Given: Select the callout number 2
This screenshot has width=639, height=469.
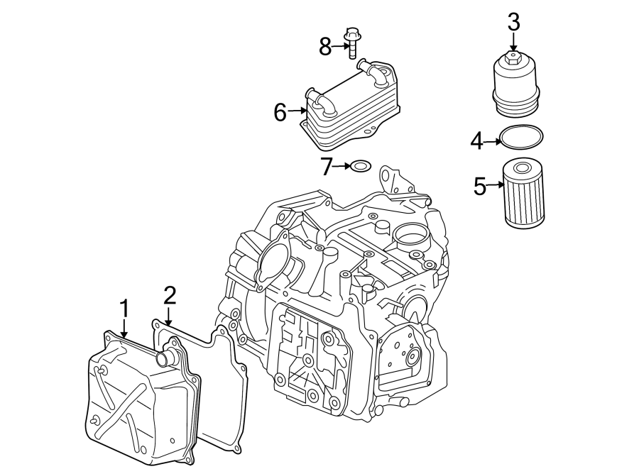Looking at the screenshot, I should (169, 294).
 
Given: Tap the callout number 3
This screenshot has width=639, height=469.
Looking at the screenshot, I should (513, 22).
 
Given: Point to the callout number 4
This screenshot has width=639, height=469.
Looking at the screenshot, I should (476, 141).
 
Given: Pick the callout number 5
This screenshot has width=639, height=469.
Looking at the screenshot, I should (480, 187).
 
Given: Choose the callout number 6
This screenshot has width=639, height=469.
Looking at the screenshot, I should (280, 111).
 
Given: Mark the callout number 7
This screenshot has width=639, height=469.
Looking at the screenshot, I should (327, 167).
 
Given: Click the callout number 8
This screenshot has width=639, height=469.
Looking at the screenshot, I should (325, 47).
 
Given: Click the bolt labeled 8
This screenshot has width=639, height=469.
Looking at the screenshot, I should (351, 44).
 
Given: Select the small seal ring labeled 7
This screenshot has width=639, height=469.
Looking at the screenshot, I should (361, 167).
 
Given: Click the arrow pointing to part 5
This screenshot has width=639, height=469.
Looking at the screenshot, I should (495, 186).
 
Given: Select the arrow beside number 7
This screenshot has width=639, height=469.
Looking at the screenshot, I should (342, 167).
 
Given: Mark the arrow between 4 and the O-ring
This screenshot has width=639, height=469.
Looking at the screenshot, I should (492, 141).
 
